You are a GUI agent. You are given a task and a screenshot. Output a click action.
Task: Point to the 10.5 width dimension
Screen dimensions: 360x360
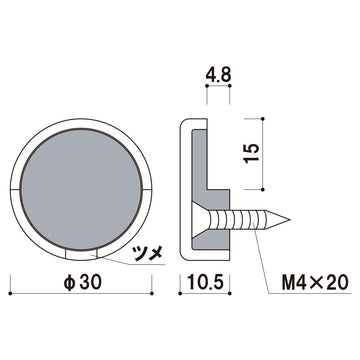click(x=204, y=284)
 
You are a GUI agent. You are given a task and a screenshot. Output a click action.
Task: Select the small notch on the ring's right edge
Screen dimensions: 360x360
click(x=149, y=187)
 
